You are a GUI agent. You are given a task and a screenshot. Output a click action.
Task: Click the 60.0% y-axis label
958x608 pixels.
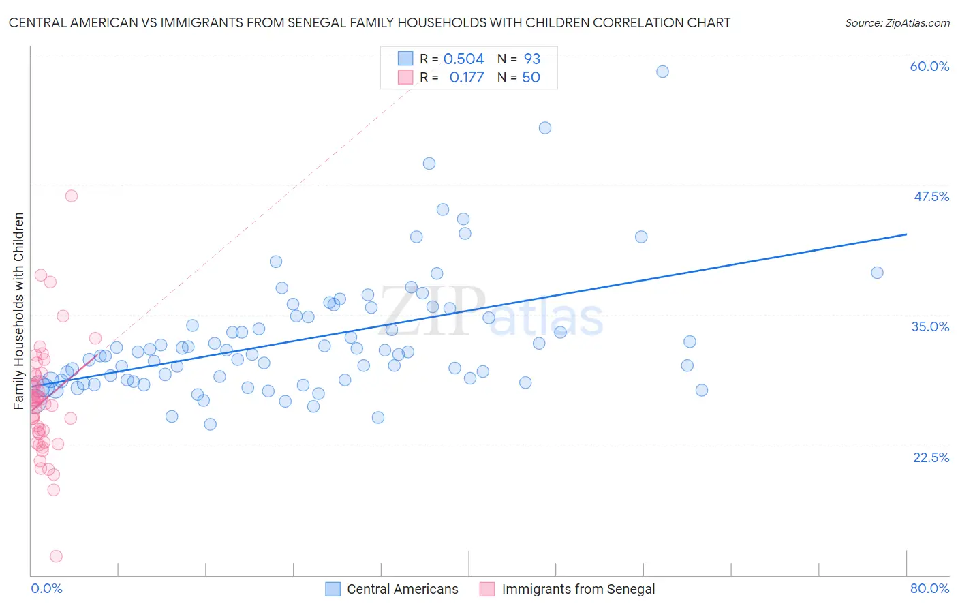click(x=929, y=66)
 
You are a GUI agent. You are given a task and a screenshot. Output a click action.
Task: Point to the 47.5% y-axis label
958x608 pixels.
click(x=931, y=196)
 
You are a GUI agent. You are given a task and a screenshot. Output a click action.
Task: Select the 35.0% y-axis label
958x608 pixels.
click(x=930, y=326)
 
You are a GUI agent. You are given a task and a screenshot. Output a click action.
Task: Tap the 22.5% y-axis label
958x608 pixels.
click(x=931, y=457)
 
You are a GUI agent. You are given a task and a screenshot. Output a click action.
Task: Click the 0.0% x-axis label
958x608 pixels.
click(x=46, y=588)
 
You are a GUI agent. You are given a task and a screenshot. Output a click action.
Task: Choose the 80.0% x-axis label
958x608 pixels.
click(x=929, y=588)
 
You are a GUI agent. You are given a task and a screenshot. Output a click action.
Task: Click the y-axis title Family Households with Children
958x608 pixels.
click(x=18, y=311)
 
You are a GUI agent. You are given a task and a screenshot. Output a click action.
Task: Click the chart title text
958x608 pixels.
click(x=369, y=22)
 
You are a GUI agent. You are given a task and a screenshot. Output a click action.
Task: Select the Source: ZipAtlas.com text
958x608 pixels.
click(x=897, y=22)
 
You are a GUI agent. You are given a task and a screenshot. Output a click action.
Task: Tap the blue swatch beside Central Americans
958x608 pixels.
click(x=333, y=589)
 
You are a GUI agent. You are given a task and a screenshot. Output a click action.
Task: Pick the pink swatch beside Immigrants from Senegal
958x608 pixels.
click(x=487, y=589)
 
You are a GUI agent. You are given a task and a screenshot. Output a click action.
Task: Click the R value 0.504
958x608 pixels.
click(x=463, y=59)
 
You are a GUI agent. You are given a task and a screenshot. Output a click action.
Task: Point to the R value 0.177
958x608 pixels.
click(x=466, y=77)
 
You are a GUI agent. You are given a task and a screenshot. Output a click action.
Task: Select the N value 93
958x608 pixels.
click(x=531, y=59)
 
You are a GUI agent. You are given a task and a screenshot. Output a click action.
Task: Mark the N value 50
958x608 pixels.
click(x=531, y=77)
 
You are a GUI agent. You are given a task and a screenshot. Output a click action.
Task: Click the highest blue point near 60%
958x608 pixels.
click(x=662, y=72)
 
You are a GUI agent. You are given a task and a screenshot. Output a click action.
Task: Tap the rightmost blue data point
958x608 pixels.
click(x=877, y=273)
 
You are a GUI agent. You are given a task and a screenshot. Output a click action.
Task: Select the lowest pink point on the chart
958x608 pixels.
click(x=56, y=556)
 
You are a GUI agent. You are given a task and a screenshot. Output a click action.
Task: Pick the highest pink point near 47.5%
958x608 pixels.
click(x=72, y=196)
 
